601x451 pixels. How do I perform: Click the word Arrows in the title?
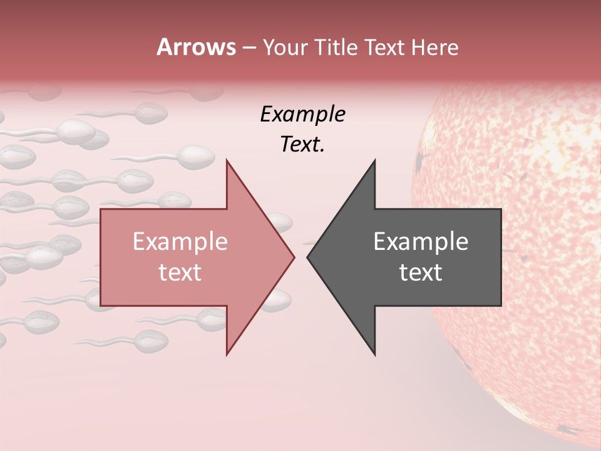[x=196, y=47]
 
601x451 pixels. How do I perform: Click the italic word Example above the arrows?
[x=302, y=114]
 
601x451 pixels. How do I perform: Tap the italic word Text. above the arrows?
[x=302, y=144]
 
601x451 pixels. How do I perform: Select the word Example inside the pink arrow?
[x=180, y=241]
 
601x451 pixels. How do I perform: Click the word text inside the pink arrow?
[x=180, y=272]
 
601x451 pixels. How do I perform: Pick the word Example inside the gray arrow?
[x=421, y=241]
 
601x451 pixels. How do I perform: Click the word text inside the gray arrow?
[x=421, y=272]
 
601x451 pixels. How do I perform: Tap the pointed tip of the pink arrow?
[x=294, y=257]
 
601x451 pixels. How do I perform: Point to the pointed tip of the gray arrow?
[x=307, y=257]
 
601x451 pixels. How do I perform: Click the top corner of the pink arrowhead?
[x=227, y=160]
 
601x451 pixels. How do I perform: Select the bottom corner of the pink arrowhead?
[x=227, y=355]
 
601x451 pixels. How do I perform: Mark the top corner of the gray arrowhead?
[x=375, y=160]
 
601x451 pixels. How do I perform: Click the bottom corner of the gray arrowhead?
[x=375, y=355]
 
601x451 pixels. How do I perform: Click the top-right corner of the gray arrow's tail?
[x=501, y=209]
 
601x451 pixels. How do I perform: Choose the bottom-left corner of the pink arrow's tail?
[x=101, y=306]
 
